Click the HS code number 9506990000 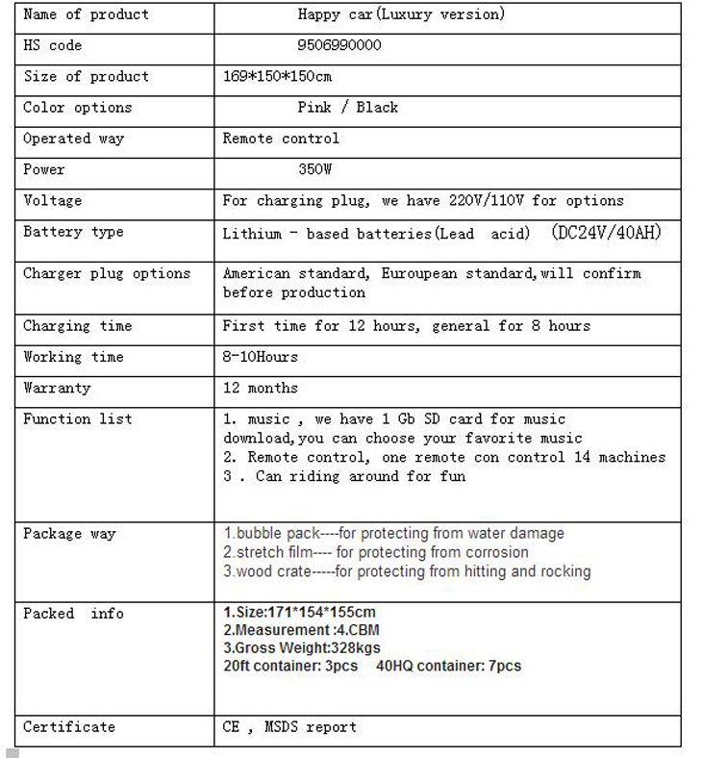pos(339,45)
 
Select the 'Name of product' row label pos(86,14)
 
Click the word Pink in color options pos(314,107)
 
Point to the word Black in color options pos(377,107)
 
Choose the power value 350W pos(314,169)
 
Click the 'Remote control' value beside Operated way pos(281,139)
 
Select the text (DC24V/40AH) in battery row pos(607,233)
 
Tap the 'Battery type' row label pos(73,232)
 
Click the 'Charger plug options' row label pos(107,273)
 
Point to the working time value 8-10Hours pos(261,357)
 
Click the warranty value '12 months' pos(261,388)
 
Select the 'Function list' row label pos(77,418)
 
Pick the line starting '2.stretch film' pos(375,552)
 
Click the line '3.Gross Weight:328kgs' pos(301,647)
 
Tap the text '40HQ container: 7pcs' pos(449,666)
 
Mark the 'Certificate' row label pos(69,726)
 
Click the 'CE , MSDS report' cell pos(289,726)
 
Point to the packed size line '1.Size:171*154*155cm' pos(299,612)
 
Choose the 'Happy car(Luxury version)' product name pos(401,14)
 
